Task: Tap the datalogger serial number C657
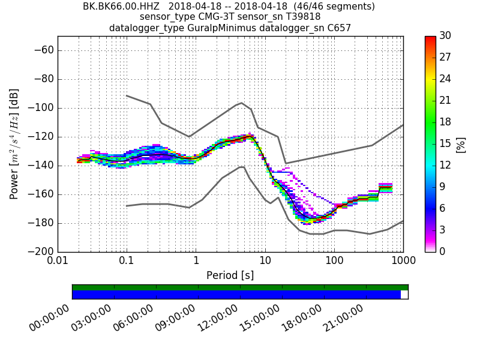(339, 28)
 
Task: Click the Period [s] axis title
(230, 275)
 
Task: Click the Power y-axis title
(14, 144)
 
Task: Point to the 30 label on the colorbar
(445, 36)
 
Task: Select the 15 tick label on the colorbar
(445, 143)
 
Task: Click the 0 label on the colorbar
(442, 251)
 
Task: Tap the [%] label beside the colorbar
(461, 144)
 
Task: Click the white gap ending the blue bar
(404, 295)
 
